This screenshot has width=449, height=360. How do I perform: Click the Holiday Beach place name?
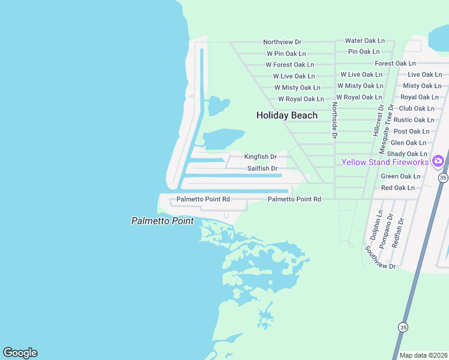tap(287, 115)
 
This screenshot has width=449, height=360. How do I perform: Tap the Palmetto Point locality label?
tap(163, 221)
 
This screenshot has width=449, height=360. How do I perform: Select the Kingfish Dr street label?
tap(260, 157)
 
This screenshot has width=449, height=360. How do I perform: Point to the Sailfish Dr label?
tap(262, 169)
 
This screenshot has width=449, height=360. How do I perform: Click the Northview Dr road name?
tap(282, 42)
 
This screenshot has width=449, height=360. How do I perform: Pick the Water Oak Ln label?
tap(365, 40)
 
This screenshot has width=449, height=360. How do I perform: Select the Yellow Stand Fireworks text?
tap(385, 162)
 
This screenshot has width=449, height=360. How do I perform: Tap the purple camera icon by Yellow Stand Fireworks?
tap(438, 160)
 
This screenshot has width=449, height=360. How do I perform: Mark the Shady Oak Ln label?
tap(407, 154)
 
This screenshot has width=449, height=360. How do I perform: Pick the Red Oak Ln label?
tap(398, 188)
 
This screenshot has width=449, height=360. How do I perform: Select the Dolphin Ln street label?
tap(380, 224)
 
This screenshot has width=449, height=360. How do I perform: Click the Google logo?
tap(20, 353)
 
